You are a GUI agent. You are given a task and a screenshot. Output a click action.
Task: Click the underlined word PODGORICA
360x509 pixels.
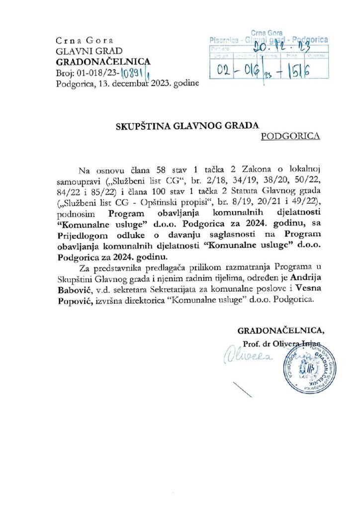[x=290, y=135]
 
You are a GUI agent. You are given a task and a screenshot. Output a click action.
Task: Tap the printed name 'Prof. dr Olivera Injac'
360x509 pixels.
[x=282, y=343]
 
